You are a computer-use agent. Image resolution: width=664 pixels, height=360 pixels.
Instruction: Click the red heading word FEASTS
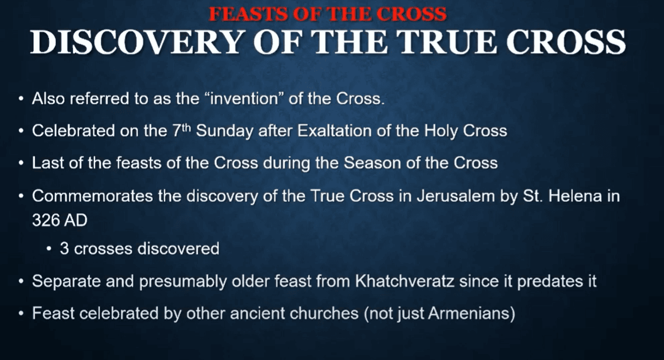click(248, 14)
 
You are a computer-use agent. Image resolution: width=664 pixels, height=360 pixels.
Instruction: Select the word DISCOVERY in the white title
click(136, 42)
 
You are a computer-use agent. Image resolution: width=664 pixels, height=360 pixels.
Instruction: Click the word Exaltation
click(334, 131)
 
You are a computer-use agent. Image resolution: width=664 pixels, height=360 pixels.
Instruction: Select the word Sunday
click(225, 131)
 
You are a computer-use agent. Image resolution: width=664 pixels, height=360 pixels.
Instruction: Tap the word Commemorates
click(93, 196)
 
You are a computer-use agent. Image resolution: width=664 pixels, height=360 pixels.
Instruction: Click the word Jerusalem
click(456, 196)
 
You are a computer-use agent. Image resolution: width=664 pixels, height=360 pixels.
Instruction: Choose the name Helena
click(575, 196)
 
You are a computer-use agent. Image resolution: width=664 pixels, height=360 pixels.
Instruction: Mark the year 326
click(44, 220)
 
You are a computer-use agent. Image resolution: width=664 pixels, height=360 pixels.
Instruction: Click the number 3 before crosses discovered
click(64, 248)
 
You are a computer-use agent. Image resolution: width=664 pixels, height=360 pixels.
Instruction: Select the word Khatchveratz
click(405, 281)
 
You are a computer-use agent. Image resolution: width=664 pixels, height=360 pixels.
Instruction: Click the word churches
click(324, 313)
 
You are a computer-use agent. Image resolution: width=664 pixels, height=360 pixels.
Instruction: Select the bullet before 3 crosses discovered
click(49, 249)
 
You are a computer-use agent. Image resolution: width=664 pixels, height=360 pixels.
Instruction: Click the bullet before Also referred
click(21, 98)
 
